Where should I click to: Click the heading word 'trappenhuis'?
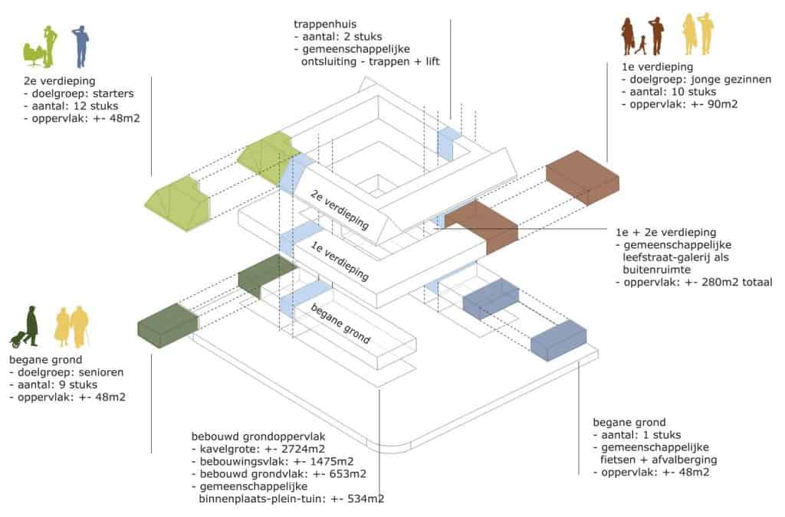point(325,24)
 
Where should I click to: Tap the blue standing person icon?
point(80,47)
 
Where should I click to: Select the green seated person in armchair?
point(34,54)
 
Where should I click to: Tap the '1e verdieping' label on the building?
point(340,260)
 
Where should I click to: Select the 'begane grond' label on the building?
point(340,323)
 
